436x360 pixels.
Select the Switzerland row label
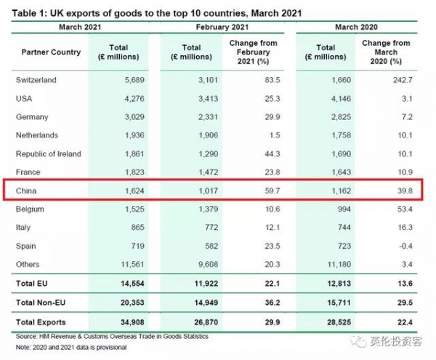coord(36,79)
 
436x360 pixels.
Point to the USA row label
coord(25,98)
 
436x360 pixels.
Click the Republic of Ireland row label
coord(49,153)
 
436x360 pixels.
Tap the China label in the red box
coord(27,191)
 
